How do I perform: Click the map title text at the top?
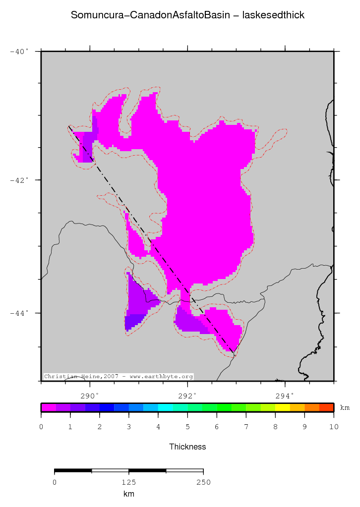coord(187,15)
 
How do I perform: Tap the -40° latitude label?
coord(20,51)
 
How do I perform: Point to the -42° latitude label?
coord(20,180)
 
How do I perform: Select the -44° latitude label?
coord(20,313)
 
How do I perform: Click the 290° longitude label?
coord(90,395)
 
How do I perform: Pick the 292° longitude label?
coord(187,395)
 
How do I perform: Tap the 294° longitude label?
coord(285,395)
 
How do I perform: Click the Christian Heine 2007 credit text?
coord(118,377)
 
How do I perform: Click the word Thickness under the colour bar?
coord(187,447)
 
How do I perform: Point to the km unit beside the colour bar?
coord(345,408)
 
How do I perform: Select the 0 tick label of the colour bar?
coord(41,427)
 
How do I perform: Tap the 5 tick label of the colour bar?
coord(187,427)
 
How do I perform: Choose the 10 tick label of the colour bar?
coord(333,427)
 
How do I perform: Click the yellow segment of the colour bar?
coord(283,407)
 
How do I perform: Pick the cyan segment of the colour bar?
coord(165,407)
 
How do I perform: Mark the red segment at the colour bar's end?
coord(326,407)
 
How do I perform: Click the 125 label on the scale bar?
coord(129,482)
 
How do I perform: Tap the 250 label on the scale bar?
coord(203,482)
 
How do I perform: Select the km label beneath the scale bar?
coord(129,494)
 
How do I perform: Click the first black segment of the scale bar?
coord(73,470)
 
